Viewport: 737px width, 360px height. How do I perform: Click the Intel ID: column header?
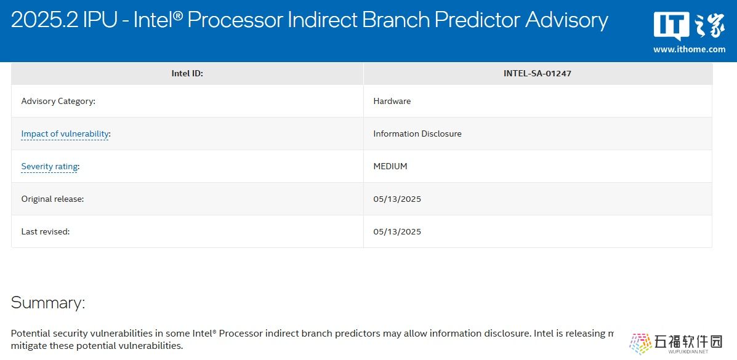coord(187,73)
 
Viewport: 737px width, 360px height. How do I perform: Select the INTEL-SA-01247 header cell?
coord(538,73)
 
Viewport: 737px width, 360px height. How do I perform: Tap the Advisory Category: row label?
coord(58,101)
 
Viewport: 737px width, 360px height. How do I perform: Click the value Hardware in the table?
coord(392,101)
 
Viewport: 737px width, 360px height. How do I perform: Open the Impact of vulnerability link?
coord(65,134)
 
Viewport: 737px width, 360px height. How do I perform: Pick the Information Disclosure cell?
coord(417,134)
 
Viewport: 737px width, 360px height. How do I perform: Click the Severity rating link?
coord(49,166)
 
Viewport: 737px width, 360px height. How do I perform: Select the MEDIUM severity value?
coord(390,166)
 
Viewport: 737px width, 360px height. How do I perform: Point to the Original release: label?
coord(53,199)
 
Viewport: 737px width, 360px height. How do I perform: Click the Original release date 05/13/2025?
coord(397,199)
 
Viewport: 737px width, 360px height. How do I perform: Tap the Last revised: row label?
coord(46,231)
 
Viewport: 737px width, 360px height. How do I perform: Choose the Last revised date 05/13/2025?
coord(397,231)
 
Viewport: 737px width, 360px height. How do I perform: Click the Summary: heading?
coord(48,302)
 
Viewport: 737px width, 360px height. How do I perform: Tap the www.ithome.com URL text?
coord(689,49)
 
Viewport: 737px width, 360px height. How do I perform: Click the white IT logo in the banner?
coord(671,26)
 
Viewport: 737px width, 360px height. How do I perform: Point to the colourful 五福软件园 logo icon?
coord(640,343)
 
